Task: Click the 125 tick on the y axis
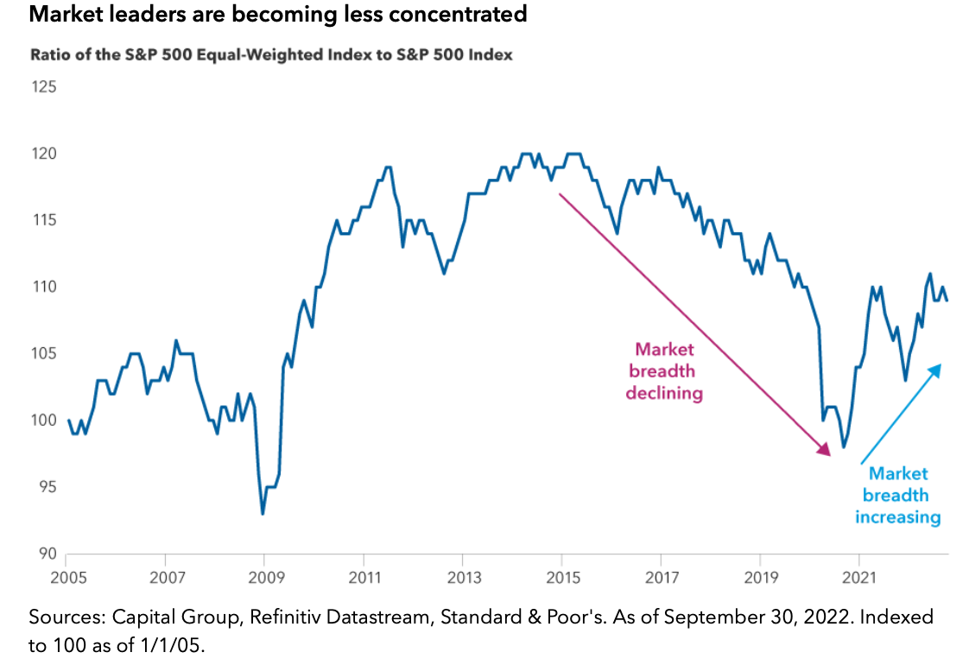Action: click(x=43, y=87)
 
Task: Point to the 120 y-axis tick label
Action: click(x=43, y=154)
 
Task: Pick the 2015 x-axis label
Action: click(x=562, y=577)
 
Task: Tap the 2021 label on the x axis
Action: click(x=860, y=577)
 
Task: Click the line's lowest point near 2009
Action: click(x=263, y=514)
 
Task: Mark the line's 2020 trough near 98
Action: click(x=844, y=447)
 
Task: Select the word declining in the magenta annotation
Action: click(x=664, y=393)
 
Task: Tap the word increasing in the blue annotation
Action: click(x=897, y=517)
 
